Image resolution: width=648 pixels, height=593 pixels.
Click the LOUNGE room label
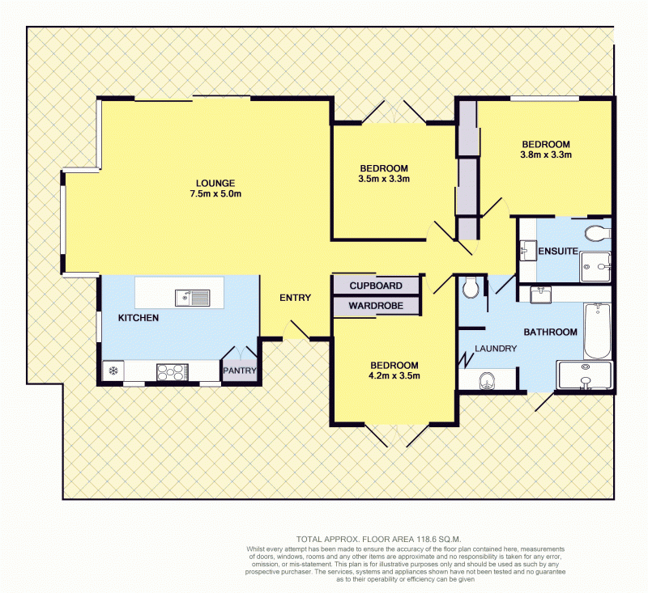215,183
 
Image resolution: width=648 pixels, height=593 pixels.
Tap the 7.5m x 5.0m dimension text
215,193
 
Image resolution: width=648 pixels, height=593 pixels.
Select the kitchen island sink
192,298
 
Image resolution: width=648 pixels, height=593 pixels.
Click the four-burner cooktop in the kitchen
173,372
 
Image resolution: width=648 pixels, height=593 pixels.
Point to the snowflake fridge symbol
113,371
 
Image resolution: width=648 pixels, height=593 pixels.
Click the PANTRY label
240,371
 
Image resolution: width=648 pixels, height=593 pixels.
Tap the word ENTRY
295,298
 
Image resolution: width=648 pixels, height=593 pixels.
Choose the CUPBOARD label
376,286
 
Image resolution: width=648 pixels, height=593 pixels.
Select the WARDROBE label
376,306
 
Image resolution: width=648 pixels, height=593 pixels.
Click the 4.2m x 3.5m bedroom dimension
394,375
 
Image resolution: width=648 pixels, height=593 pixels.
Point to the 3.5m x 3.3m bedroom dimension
384,179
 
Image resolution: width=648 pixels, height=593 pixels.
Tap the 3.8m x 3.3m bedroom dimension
546,155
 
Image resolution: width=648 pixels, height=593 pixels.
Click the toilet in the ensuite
598,233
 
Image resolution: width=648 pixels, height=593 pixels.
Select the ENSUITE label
558,251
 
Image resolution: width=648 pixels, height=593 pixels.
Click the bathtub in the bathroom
597,331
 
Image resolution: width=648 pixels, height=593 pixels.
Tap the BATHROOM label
551,332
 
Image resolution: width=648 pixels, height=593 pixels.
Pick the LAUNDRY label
496,349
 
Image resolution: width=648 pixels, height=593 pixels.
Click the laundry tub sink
488,380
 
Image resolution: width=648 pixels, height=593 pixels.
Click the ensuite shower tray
595,267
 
